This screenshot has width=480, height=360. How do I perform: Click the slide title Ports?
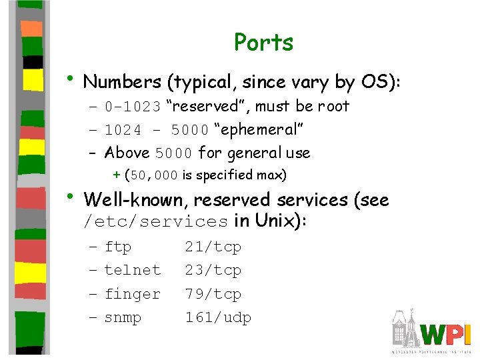click(263, 43)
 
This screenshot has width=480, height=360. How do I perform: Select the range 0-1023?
click(133, 107)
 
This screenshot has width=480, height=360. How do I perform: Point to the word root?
click(333, 107)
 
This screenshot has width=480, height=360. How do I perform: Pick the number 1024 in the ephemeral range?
click(123, 130)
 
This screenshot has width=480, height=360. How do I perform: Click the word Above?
click(127, 153)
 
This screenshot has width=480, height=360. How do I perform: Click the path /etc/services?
click(155, 221)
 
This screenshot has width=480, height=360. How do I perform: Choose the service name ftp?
click(118, 247)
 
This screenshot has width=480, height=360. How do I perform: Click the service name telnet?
click(133, 271)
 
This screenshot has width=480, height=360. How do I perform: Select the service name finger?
click(133, 294)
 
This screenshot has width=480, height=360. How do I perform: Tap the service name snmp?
click(123, 318)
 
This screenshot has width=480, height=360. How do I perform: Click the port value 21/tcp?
click(213, 247)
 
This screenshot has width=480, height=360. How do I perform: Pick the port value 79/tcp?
click(213, 294)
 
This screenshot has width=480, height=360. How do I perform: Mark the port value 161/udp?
click(217, 318)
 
